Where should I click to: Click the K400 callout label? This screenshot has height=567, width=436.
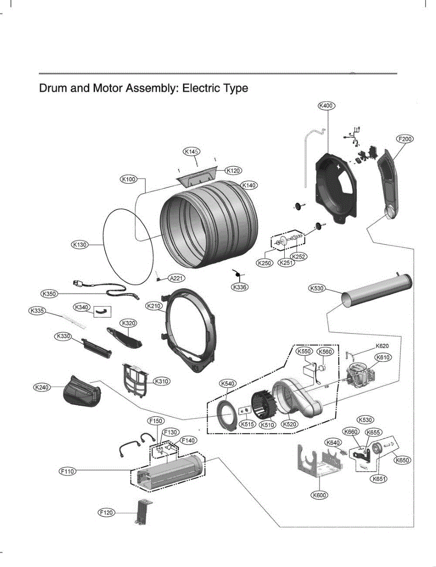(326, 105)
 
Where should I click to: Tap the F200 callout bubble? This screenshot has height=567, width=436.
(405, 139)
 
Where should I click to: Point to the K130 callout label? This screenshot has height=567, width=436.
(79, 245)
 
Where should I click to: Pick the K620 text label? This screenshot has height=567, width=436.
(382, 346)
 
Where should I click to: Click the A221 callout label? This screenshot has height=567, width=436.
(176, 278)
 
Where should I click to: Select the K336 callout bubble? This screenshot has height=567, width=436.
(240, 287)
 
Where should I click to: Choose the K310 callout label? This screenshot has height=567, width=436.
(162, 381)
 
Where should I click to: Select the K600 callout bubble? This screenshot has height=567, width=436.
(319, 495)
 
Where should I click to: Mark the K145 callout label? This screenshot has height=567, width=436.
(192, 151)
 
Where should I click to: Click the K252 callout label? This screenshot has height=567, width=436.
(299, 257)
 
